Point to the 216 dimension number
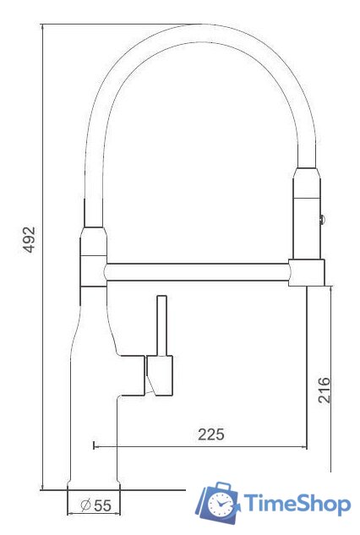[324, 388]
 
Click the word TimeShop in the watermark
[297, 505]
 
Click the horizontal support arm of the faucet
[199, 272]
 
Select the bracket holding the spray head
[307, 271]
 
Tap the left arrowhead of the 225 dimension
[94, 445]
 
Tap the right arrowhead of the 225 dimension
[304, 445]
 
